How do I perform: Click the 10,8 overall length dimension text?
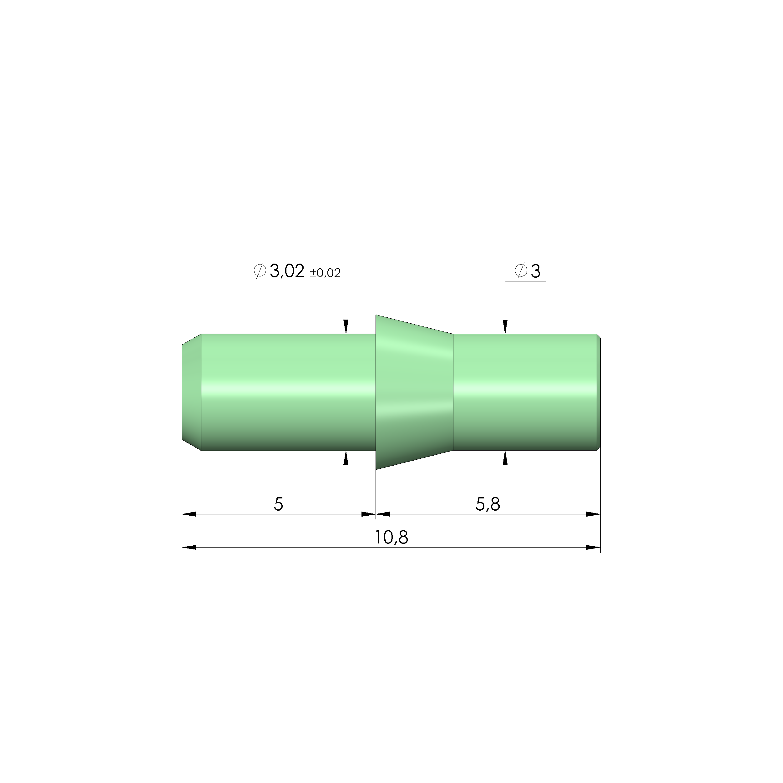pyautogui.click(x=391, y=538)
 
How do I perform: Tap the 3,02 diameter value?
pyautogui.click(x=286, y=271)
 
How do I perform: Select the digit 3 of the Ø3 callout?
pyautogui.click(x=535, y=271)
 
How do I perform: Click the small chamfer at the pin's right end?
pyautogui.click(x=599, y=392)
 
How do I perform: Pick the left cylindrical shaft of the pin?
pyautogui.click(x=288, y=392)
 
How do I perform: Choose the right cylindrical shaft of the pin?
pyautogui.click(x=525, y=392)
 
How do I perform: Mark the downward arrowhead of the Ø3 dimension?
pyautogui.click(x=505, y=327)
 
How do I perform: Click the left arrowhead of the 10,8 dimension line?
pyautogui.click(x=189, y=548)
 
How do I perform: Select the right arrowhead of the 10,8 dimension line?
pyautogui.click(x=593, y=548)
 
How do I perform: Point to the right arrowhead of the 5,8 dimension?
pyautogui.click(x=593, y=514)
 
